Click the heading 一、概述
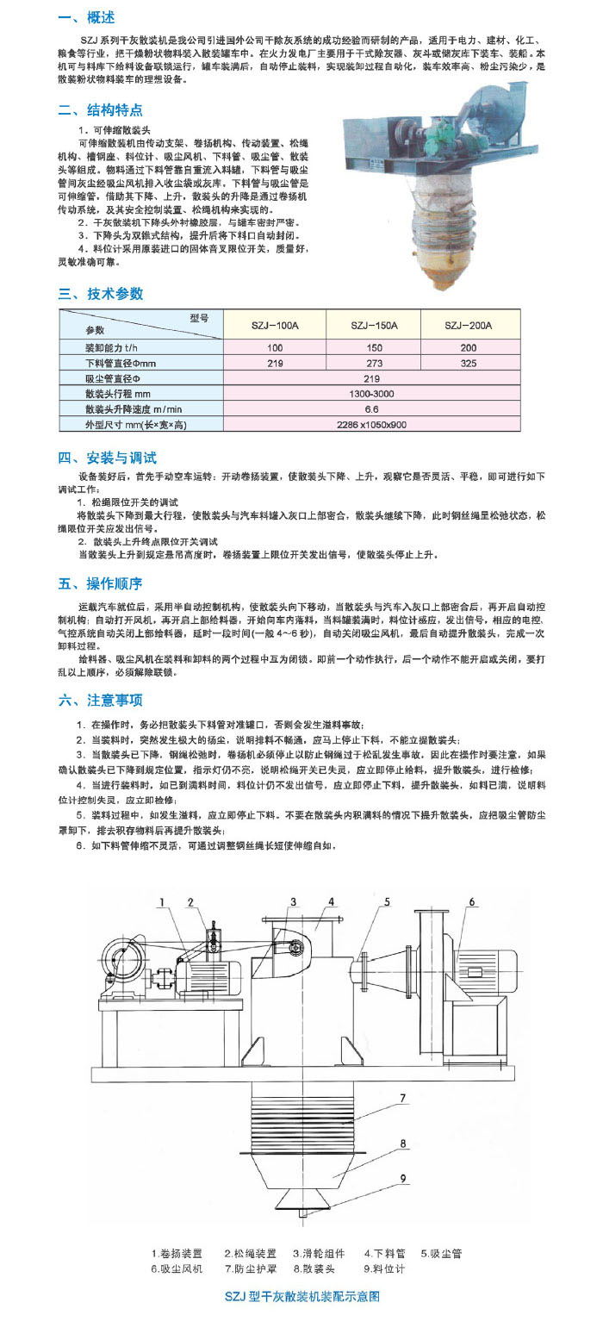(x=86, y=18)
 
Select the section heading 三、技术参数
(x=101, y=294)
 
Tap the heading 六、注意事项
(x=101, y=701)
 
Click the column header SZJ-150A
(x=374, y=326)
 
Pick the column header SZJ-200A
(x=468, y=326)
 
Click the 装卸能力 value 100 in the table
(x=275, y=347)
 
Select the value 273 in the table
(x=374, y=363)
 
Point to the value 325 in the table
(x=468, y=363)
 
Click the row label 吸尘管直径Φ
(x=112, y=378)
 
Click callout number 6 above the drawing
(x=472, y=902)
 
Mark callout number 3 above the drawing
(x=292, y=902)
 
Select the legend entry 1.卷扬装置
(x=177, y=1254)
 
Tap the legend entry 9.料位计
(x=383, y=1269)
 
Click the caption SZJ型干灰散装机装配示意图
(x=301, y=1296)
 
